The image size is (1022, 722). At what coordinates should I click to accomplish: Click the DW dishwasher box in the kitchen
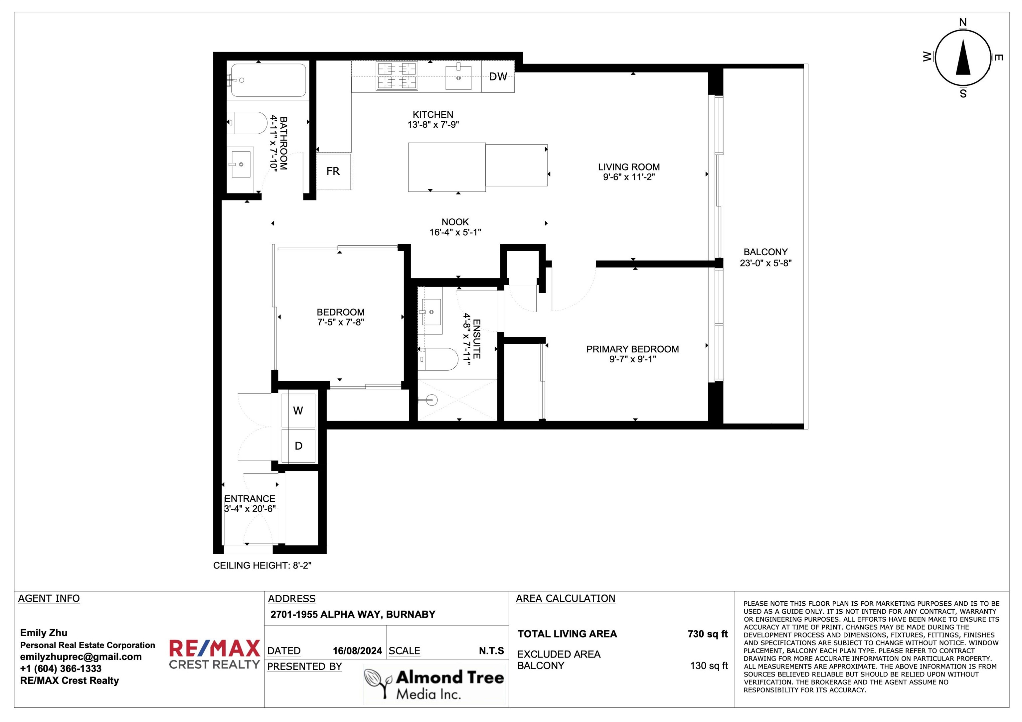point(498,76)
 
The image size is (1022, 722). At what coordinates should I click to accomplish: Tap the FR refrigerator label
point(333,171)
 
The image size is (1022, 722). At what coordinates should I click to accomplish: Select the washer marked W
point(298,411)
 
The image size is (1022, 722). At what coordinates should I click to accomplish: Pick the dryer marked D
point(298,446)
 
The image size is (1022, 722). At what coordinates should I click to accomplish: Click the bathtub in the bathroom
point(268,80)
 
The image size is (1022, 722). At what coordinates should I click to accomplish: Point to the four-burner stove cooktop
point(397,76)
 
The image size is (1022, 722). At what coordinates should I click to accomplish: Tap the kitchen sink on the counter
point(458,76)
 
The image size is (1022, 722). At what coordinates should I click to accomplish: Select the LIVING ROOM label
point(628,167)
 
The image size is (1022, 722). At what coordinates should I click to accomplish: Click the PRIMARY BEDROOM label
point(632,349)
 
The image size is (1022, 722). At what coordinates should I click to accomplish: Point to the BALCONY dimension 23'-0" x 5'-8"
point(766,263)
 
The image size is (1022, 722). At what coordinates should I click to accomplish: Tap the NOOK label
point(455,222)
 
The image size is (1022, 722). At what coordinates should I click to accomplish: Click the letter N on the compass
point(963,22)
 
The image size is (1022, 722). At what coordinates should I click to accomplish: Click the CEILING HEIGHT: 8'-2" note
point(262,565)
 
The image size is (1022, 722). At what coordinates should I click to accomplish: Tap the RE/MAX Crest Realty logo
point(214,654)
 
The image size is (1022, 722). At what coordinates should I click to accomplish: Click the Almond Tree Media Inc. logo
point(434,684)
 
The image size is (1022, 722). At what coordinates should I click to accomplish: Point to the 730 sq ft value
point(707,634)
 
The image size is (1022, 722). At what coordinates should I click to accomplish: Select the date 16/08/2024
point(357,651)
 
